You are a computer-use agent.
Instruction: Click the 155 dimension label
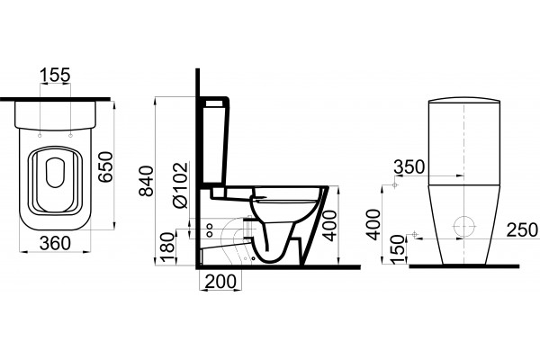[x=55, y=75]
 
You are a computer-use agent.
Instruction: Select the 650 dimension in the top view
[x=105, y=167]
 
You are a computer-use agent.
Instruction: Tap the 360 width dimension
[x=55, y=243]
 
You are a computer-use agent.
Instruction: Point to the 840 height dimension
[x=146, y=181]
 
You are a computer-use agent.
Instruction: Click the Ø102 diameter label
[x=181, y=185]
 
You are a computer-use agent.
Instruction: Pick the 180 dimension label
[x=167, y=247]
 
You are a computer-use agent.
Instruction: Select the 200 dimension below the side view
[x=220, y=282]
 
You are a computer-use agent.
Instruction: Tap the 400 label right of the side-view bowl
[x=330, y=226]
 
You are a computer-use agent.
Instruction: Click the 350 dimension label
[x=409, y=167]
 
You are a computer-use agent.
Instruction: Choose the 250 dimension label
[x=522, y=229]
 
